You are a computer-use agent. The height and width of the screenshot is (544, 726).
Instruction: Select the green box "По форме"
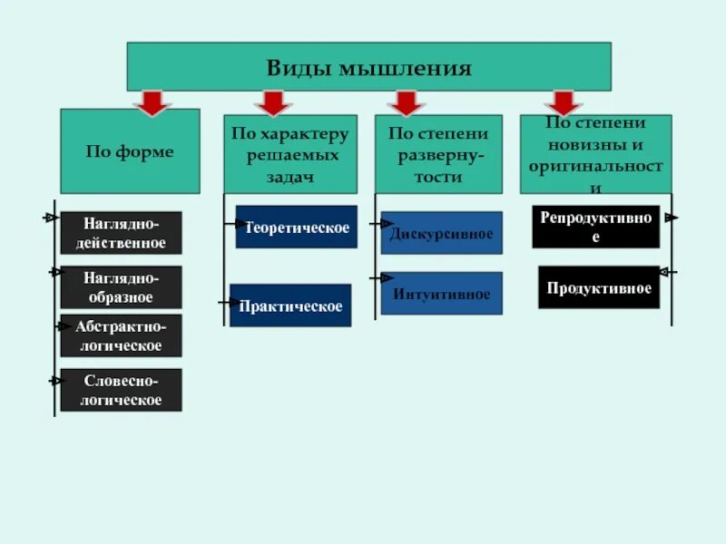coord(130,151)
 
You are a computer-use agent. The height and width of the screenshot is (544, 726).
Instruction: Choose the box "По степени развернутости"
coord(438,154)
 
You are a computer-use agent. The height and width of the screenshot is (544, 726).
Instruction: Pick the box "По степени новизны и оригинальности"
coord(595,154)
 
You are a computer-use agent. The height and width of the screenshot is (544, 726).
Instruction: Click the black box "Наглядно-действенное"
coord(121,233)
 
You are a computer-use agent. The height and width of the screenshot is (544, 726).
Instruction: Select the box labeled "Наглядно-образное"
coord(121,287)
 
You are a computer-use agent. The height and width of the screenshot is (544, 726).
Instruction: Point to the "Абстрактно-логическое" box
coord(121,335)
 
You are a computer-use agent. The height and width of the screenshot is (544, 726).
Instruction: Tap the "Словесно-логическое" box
coord(121,390)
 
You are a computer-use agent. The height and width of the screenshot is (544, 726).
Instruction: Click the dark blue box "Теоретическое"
coord(297,227)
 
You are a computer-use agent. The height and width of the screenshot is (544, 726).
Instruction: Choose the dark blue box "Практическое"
coord(290,306)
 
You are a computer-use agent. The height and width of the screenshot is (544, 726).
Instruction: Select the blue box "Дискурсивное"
coord(441,233)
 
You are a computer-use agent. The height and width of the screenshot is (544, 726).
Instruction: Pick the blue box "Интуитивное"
coord(441,294)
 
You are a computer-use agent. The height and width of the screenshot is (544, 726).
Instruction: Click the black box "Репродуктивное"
coord(595,227)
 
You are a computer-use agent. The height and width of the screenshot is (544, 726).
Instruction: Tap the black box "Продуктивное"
coord(599,287)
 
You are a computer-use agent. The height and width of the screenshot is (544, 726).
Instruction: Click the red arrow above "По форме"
coord(152,102)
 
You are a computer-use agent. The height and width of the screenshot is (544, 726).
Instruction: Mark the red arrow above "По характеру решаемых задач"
coord(271,102)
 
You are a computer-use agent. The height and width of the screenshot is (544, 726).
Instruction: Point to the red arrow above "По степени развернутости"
coord(406,102)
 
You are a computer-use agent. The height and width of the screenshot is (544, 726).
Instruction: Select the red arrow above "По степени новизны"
coord(564,102)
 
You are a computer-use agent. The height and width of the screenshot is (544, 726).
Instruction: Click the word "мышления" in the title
coord(406,68)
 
